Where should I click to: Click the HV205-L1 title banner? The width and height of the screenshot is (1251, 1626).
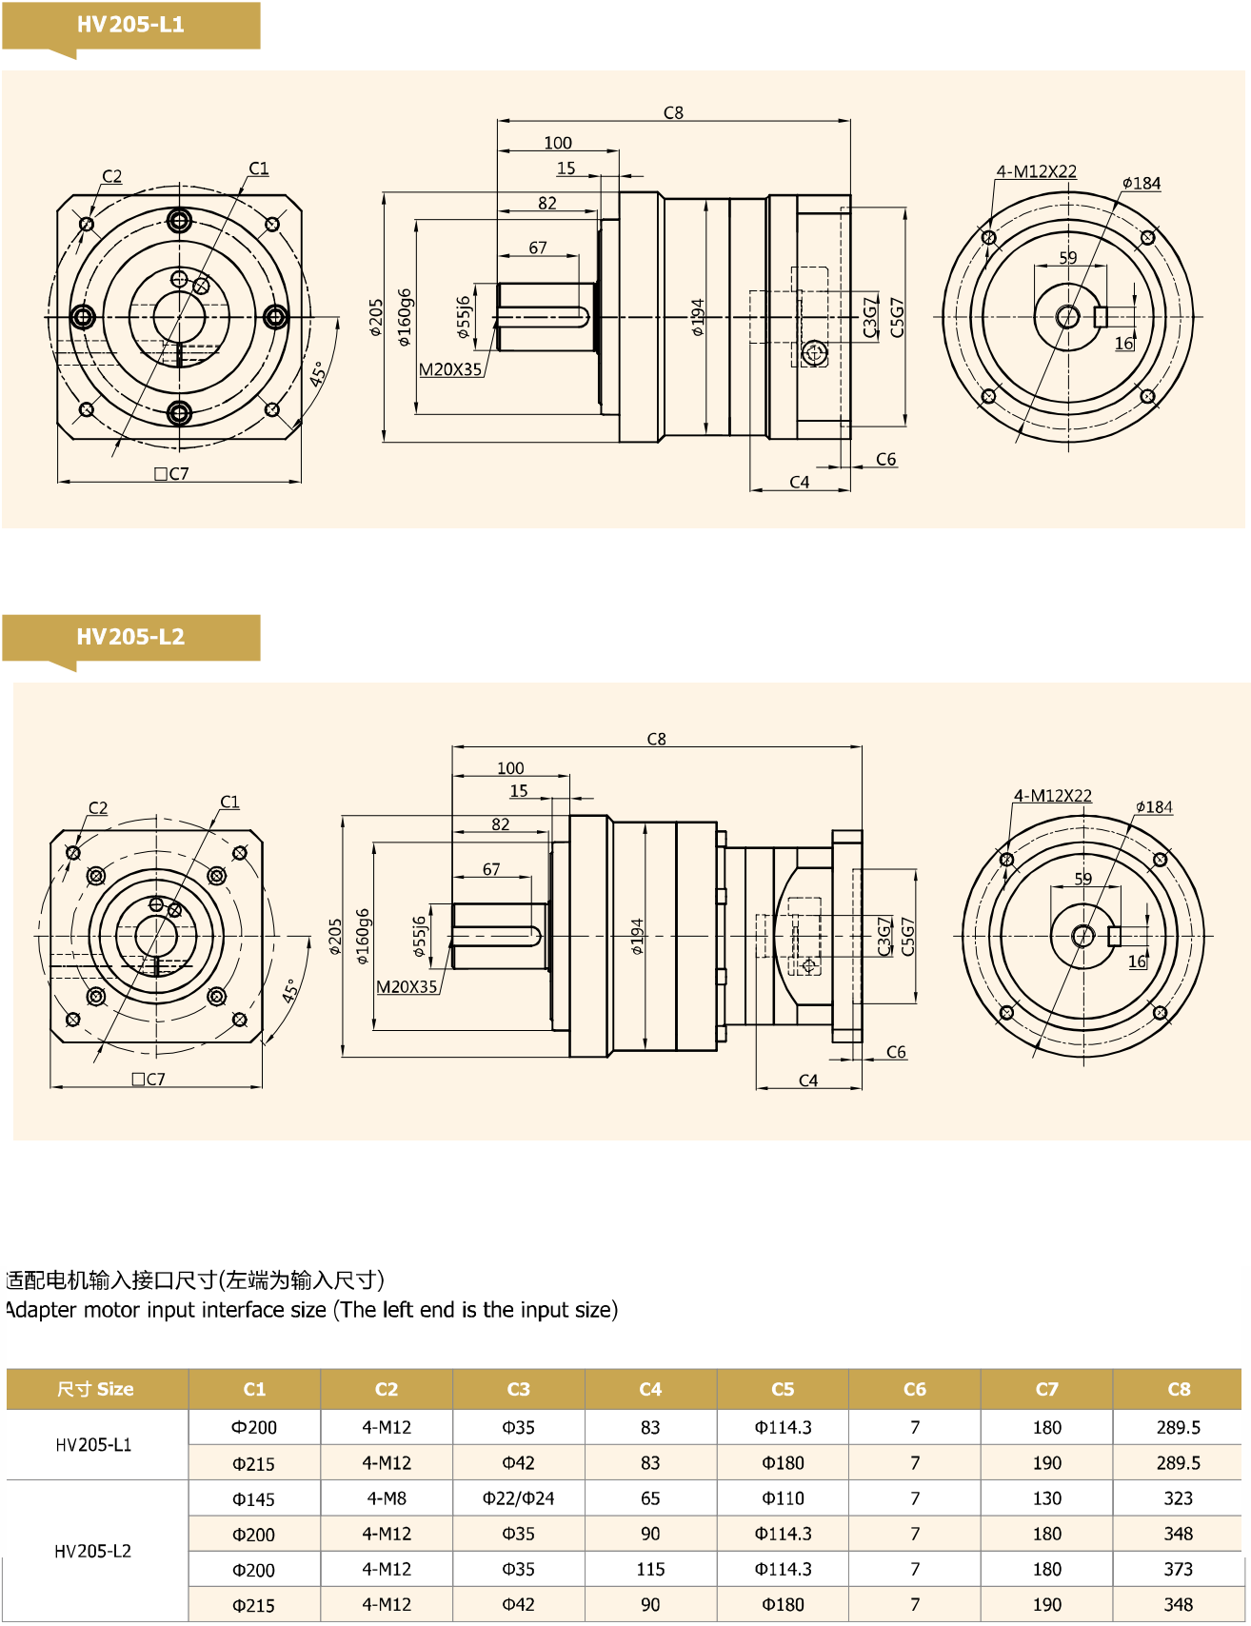coord(130,25)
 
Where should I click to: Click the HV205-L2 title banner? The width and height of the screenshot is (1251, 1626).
coord(130,637)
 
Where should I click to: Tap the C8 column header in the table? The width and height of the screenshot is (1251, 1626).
coord(1178,1389)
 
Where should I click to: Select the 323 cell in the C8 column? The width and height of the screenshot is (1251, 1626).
coord(1178,1498)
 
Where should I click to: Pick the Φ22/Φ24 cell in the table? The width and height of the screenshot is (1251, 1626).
coord(518,1498)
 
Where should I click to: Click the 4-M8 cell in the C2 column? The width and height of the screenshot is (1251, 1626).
coord(387,1498)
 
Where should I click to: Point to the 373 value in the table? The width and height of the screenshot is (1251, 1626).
coord(1178,1569)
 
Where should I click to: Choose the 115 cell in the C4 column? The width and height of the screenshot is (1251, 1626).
coord(650,1569)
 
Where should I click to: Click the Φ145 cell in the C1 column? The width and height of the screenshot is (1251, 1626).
coord(253,1499)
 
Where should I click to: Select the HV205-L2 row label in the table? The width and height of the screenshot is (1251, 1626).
coord(93,1551)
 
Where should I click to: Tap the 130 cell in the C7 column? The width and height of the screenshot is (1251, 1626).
coord(1046,1498)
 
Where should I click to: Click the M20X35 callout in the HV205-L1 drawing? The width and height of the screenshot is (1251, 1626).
coord(450,369)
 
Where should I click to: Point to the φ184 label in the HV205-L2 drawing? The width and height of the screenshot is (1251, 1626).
coord(1154,807)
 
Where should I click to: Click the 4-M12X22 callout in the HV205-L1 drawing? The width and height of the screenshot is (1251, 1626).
coord(1036,171)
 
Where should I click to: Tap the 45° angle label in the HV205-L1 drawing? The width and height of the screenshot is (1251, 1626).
coord(319,372)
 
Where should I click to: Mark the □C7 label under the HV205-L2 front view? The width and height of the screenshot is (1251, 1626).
coord(149,1079)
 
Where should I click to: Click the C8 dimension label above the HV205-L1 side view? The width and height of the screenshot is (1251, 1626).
coord(673,112)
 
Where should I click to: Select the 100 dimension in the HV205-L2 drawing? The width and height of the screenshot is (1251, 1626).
coord(510,768)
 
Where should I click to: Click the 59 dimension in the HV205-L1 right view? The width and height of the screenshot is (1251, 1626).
coord(1068,258)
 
